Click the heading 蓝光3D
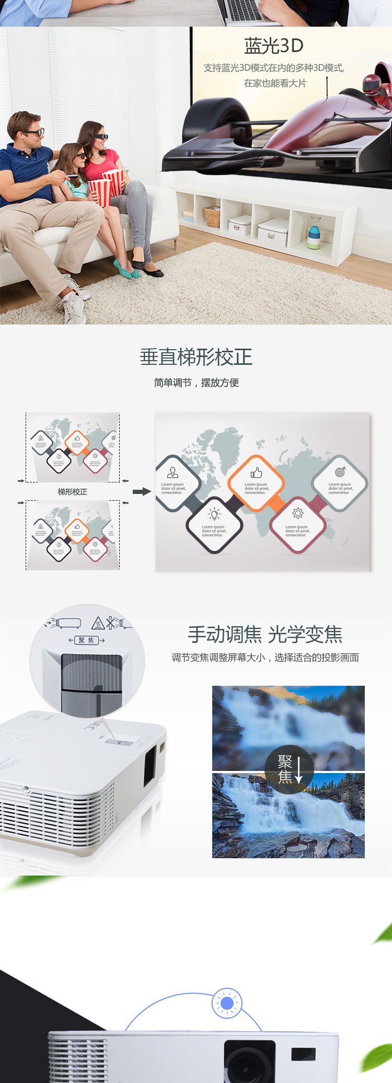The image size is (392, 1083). click(273, 46)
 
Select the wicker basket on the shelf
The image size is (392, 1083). click(213, 216)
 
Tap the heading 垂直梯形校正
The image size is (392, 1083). click(196, 358)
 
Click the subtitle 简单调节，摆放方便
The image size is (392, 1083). click(196, 383)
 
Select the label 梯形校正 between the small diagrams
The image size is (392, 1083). click(73, 492)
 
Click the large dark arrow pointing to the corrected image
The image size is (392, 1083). click(142, 491)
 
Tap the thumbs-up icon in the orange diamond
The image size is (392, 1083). click(256, 473)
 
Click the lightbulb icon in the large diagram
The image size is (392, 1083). click(214, 515)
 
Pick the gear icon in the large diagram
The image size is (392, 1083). click(297, 513)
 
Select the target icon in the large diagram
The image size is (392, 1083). click(340, 472)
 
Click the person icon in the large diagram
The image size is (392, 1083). click(172, 473)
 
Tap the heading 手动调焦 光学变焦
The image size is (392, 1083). click(265, 635)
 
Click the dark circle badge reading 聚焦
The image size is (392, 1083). click(289, 769)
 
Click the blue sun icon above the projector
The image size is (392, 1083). click(227, 1003)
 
